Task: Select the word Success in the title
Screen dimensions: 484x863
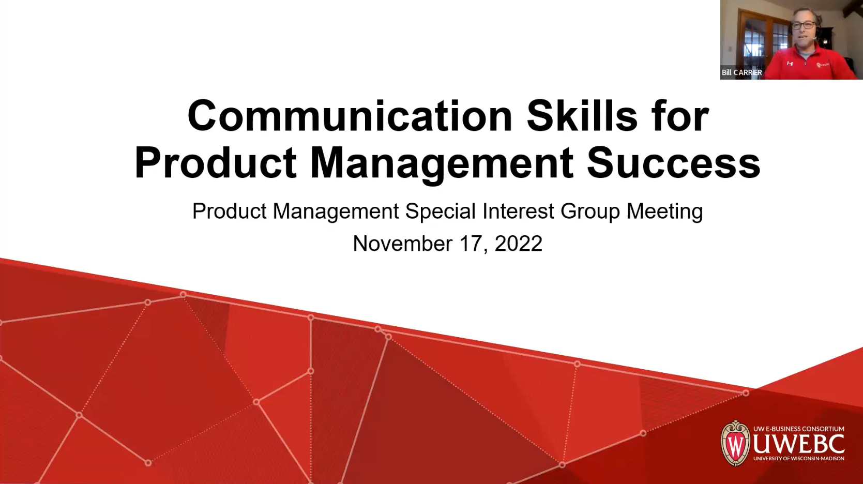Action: [x=673, y=163]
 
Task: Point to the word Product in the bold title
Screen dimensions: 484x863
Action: [x=216, y=163]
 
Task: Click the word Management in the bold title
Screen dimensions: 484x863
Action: [x=442, y=163]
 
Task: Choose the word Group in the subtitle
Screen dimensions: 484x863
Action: [x=590, y=211]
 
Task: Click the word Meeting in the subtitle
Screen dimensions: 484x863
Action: [x=664, y=211]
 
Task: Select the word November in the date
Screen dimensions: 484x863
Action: [x=402, y=244]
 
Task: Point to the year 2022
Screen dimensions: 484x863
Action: [x=518, y=244]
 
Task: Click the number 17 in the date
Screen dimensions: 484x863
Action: [x=471, y=244]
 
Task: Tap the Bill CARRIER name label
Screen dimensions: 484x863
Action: [x=741, y=72]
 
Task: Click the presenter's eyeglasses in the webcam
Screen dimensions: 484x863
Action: [x=803, y=25]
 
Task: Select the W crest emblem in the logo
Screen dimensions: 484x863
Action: [x=735, y=444]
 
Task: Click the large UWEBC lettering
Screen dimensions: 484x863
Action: [x=798, y=444]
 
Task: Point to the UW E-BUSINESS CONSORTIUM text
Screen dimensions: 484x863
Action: [x=798, y=429]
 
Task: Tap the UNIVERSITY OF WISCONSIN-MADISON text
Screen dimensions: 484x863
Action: [x=798, y=458]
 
